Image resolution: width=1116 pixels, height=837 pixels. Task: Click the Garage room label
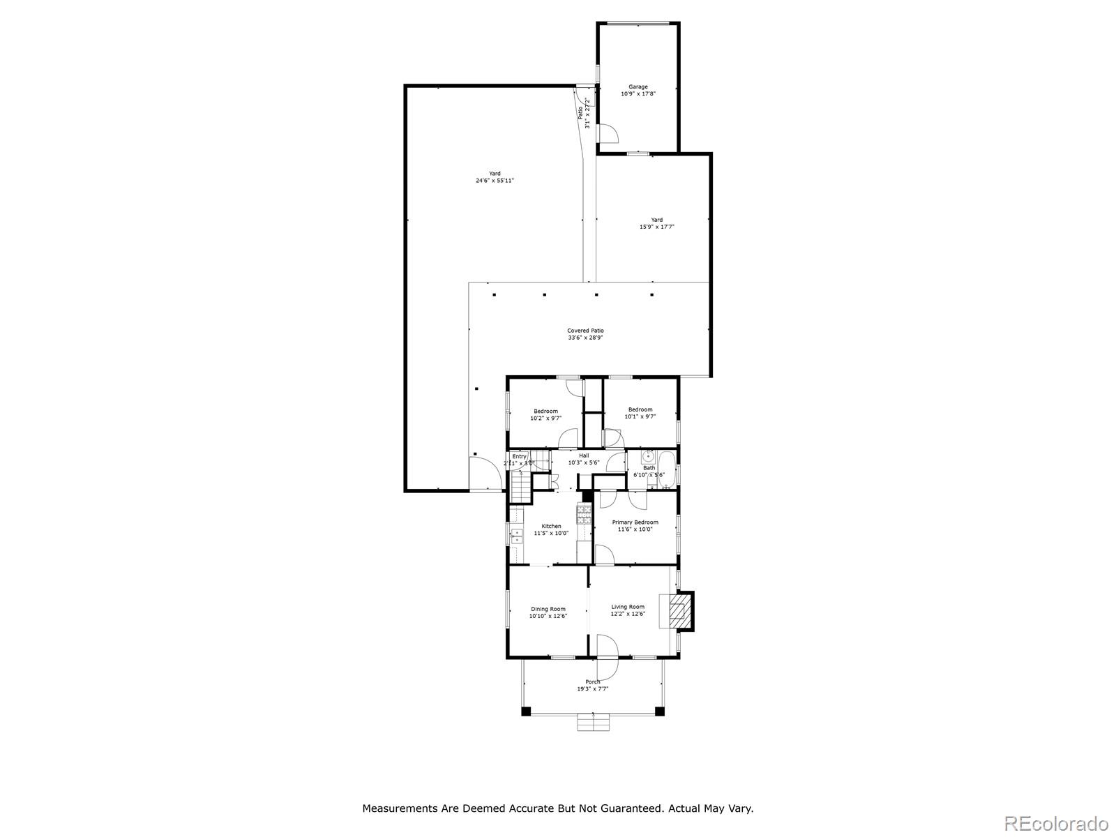(638, 87)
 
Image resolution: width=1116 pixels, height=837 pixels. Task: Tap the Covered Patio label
(585, 331)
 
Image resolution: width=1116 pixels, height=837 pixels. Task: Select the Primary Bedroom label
(635, 522)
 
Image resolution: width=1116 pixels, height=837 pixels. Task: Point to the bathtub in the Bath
(666, 469)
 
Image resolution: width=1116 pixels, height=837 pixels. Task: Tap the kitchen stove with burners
(583, 515)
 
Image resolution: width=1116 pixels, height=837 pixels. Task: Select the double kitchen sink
(517, 536)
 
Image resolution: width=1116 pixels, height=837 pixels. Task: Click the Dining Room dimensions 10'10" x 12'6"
(548, 616)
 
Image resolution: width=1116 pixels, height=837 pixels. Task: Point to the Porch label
(592, 681)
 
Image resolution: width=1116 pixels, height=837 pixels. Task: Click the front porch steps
(593, 723)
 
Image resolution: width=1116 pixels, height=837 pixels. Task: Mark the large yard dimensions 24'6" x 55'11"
(495, 181)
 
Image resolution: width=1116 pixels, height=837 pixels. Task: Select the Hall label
(584, 455)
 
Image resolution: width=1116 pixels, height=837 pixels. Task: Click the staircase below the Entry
(520, 485)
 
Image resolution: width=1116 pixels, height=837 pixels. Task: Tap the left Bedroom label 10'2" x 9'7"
(545, 411)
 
